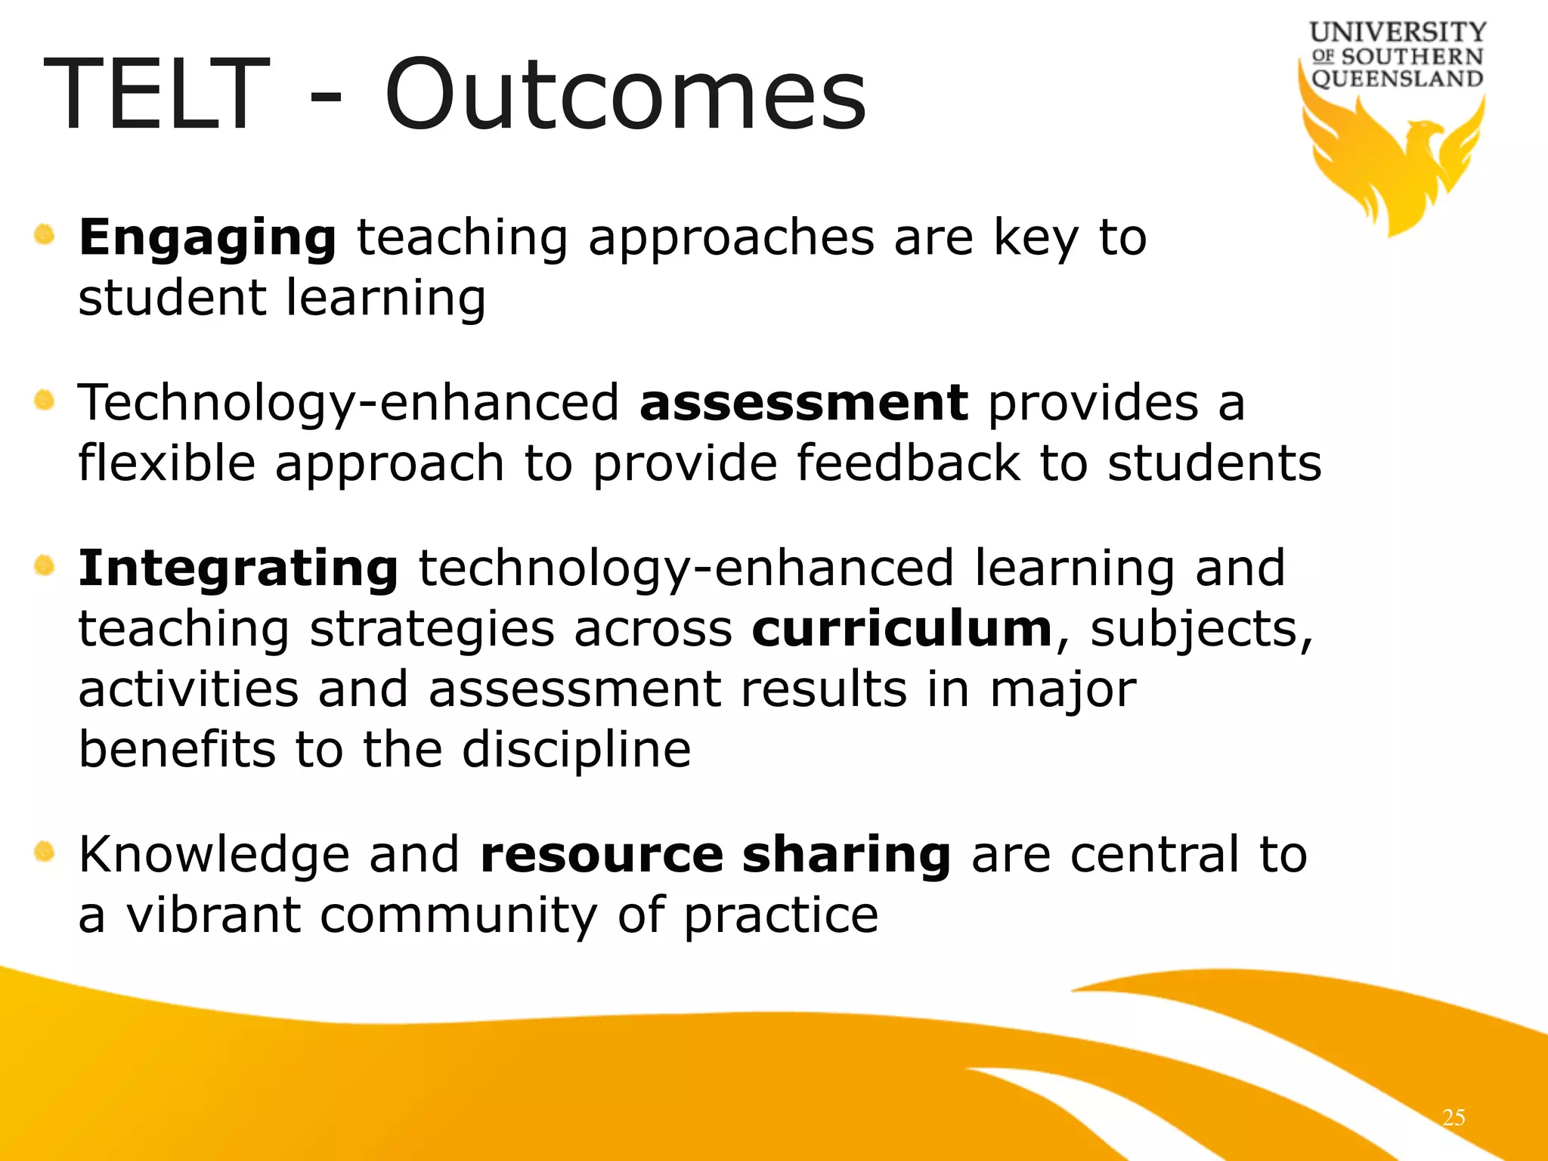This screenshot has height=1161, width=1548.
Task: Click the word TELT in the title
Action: [156, 96]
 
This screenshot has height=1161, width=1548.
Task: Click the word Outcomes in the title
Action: [625, 96]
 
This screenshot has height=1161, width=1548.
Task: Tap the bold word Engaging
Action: [207, 239]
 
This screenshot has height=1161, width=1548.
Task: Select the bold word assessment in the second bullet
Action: [803, 403]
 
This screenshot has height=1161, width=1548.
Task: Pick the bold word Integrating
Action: [238, 570]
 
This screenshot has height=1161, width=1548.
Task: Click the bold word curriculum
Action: [902, 629]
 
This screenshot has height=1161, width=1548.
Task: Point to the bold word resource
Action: [602, 855]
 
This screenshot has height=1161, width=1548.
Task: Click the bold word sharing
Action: [846, 856]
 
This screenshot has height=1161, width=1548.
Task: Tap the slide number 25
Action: [1454, 1117]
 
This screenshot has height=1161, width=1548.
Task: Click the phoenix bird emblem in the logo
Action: [1392, 163]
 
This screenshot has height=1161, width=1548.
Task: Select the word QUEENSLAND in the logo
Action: [1397, 79]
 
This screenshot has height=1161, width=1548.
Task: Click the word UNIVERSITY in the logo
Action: [1398, 32]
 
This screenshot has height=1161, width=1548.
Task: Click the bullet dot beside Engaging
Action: [45, 235]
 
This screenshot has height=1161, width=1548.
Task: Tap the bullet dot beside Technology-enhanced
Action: [45, 399]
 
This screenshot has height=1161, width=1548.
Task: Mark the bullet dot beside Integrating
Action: [45, 565]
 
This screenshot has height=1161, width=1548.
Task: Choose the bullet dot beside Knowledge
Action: [45, 853]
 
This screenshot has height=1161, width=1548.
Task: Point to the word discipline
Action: [576, 750]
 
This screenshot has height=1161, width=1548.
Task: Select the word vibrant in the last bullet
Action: [213, 915]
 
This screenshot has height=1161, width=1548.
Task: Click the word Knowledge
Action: [213, 855]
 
